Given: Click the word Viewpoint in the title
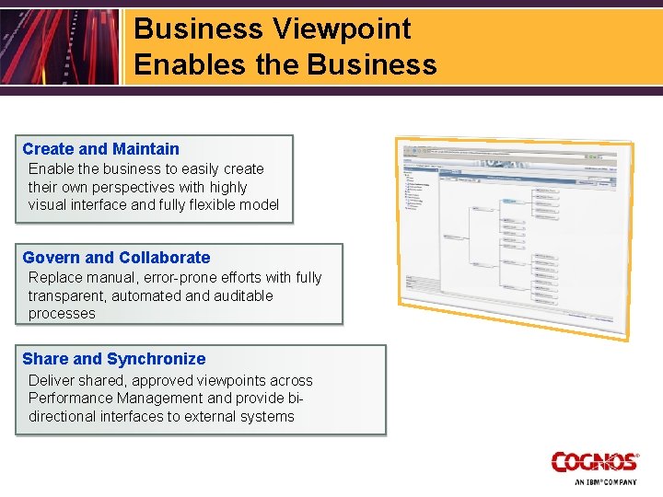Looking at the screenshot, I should click(x=342, y=29).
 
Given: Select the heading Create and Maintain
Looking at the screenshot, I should click(x=100, y=148).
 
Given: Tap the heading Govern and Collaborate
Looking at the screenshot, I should click(x=116, y=258).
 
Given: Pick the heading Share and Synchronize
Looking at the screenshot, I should click(x=113, y=359).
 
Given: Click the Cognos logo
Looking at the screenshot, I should click(x=595, y=462).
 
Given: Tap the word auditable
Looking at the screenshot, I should click(x=243, y=295).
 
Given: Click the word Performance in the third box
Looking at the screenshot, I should click(x=69, y=398).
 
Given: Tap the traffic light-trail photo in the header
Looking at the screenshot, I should click(x=59, y=46).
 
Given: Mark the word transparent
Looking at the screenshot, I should click(x=65, y=295).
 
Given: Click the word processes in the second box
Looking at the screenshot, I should click(x=62, y=313).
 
